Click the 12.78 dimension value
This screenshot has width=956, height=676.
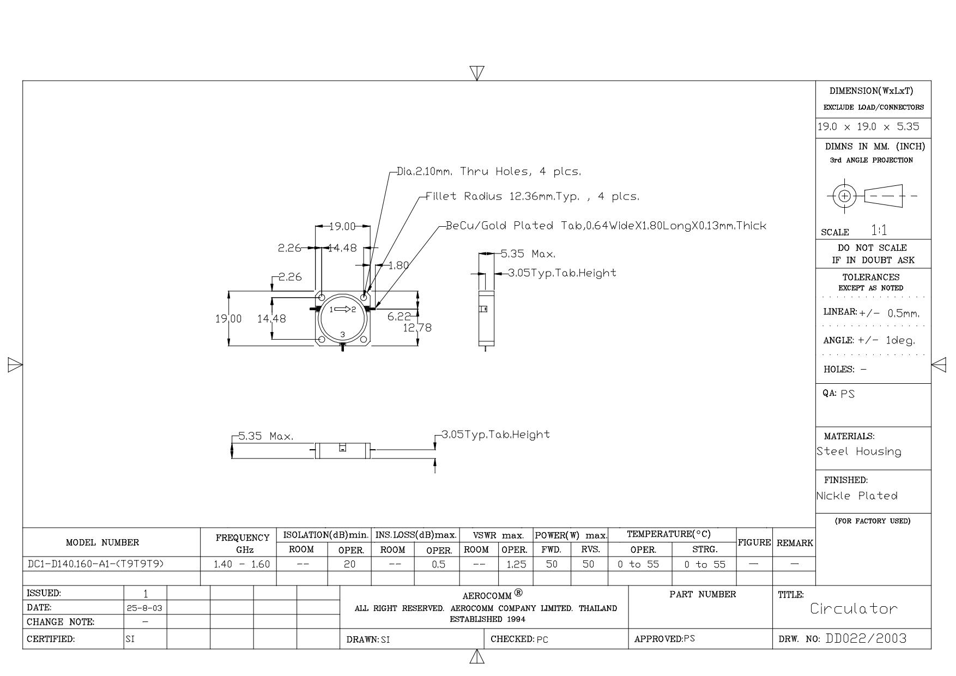(417, 328)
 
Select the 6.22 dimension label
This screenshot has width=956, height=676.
(399, 317)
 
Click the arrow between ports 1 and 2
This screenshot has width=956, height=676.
(342, 309)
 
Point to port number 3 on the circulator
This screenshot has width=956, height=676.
(342, 334)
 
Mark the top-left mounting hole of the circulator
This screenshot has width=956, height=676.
(322, 297)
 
